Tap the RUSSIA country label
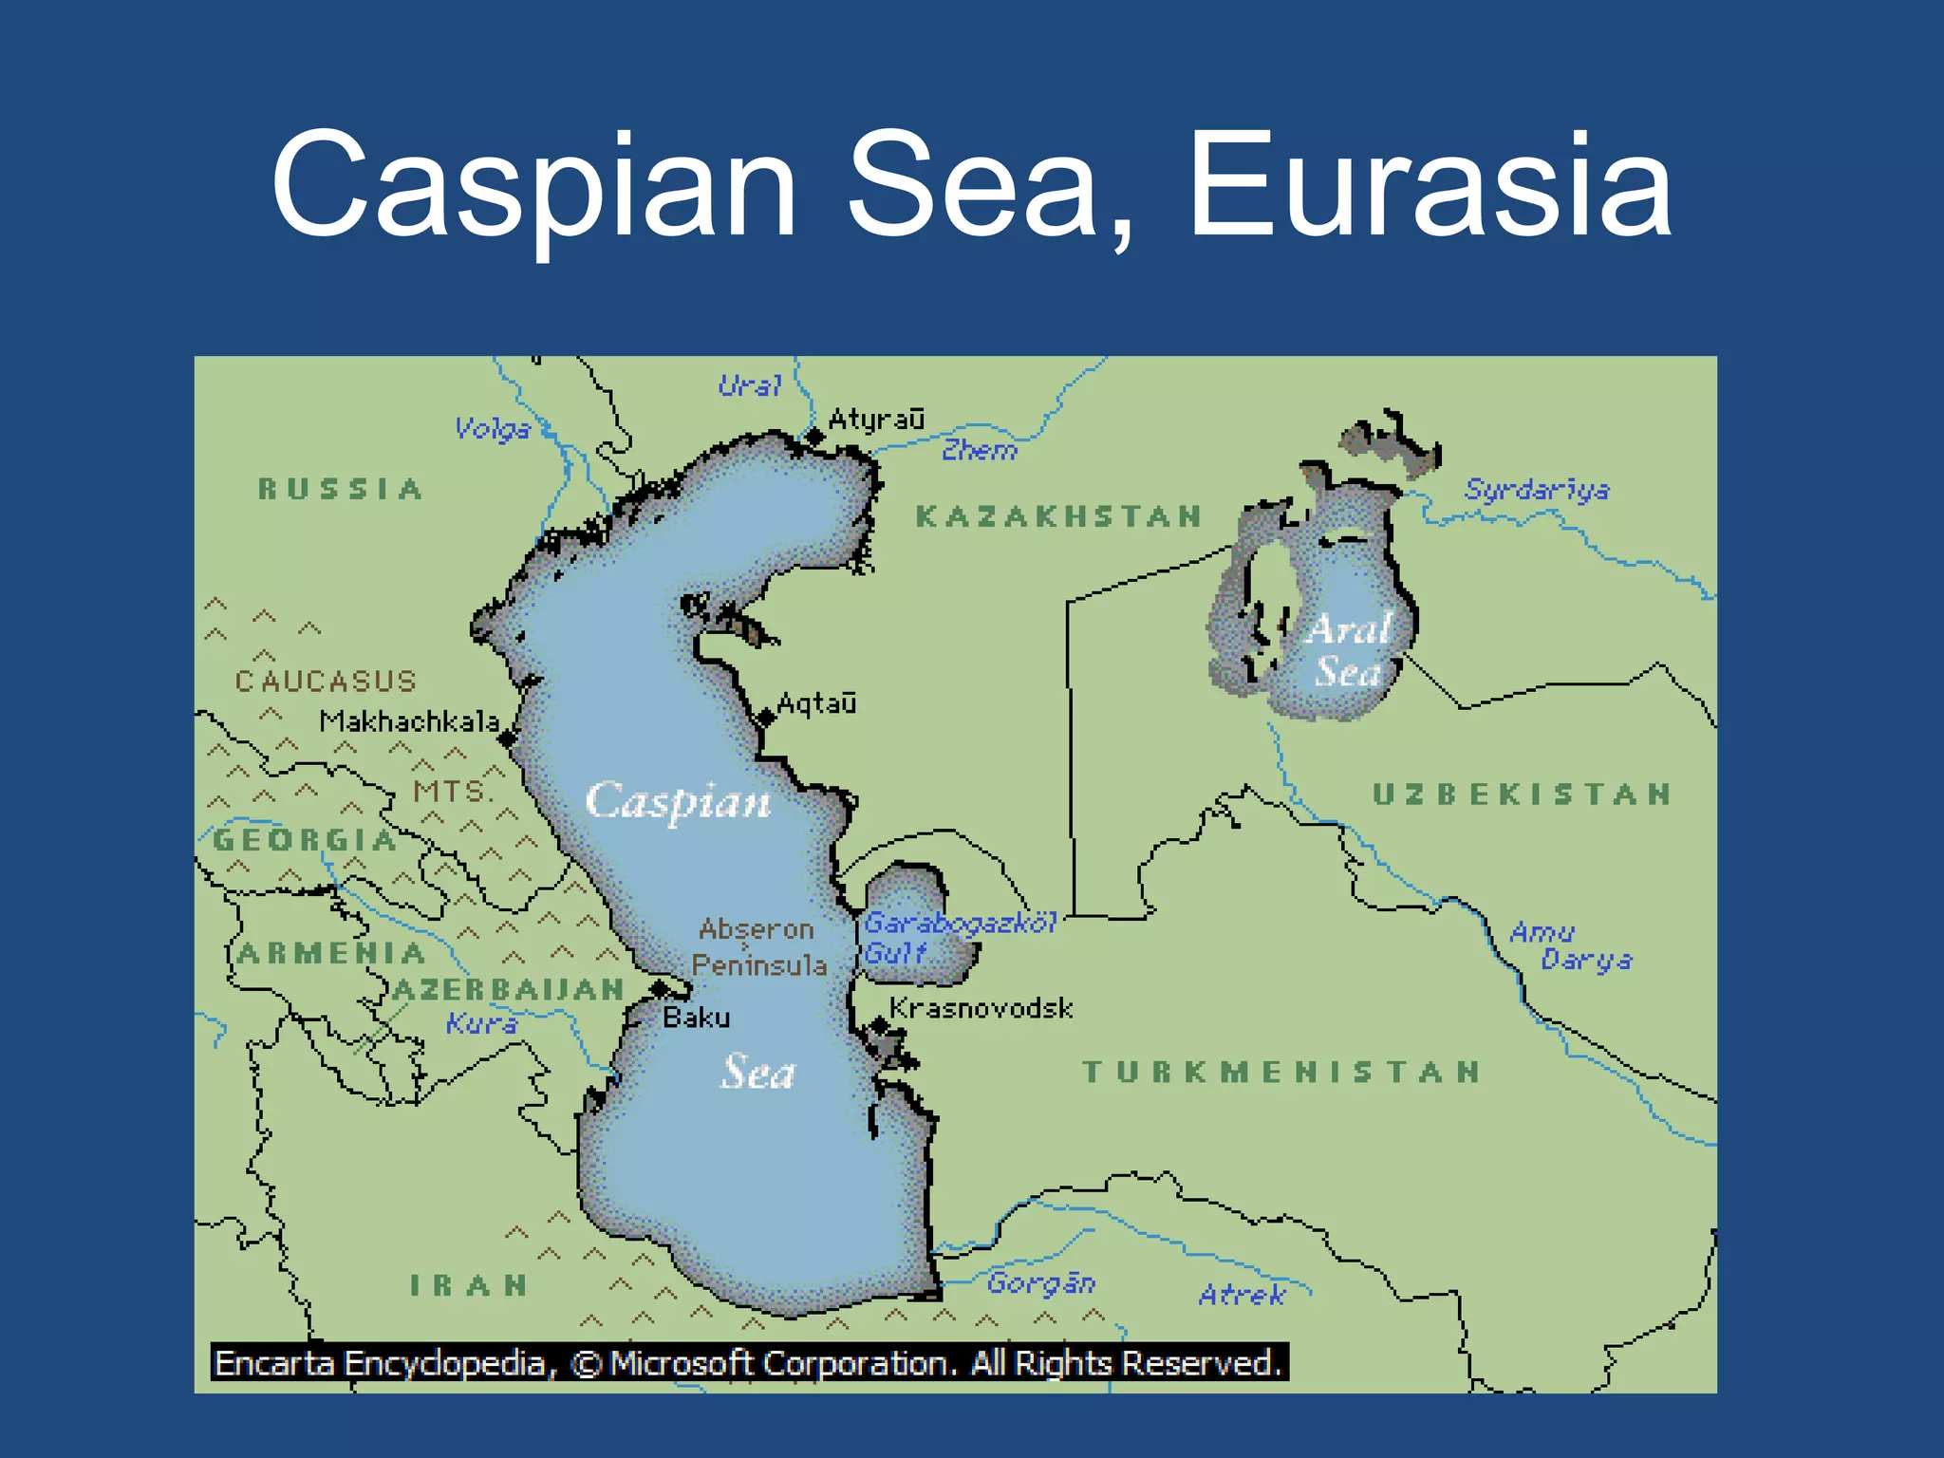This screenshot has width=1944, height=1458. coord(340,489)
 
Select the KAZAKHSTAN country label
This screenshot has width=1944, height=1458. coord(1058,516)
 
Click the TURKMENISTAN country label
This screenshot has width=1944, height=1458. coord(1281,1072)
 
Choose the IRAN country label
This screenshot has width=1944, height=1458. coord(468,1285)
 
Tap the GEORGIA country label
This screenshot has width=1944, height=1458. coord(304,840)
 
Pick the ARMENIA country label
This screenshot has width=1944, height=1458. coord(331,953)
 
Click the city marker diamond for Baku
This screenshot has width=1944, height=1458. coord(659,990)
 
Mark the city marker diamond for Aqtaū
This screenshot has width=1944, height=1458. coord(765,718)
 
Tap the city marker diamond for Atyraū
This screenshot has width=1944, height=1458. coord(814,437)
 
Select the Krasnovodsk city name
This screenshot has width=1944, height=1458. coord(981,1007)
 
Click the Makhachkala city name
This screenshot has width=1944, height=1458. coord(409,721)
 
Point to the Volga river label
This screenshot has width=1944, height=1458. coord(492,429)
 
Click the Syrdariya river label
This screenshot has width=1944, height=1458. coord(1536,490)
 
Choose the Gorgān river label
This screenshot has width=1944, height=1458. coord(1041,1283)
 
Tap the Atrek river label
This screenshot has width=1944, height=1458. coord(1242,1295)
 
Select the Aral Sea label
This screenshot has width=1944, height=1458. coord(1348,650)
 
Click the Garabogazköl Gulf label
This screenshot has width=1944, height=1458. coord(959,936)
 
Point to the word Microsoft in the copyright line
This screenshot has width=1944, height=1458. coord(682,1363)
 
